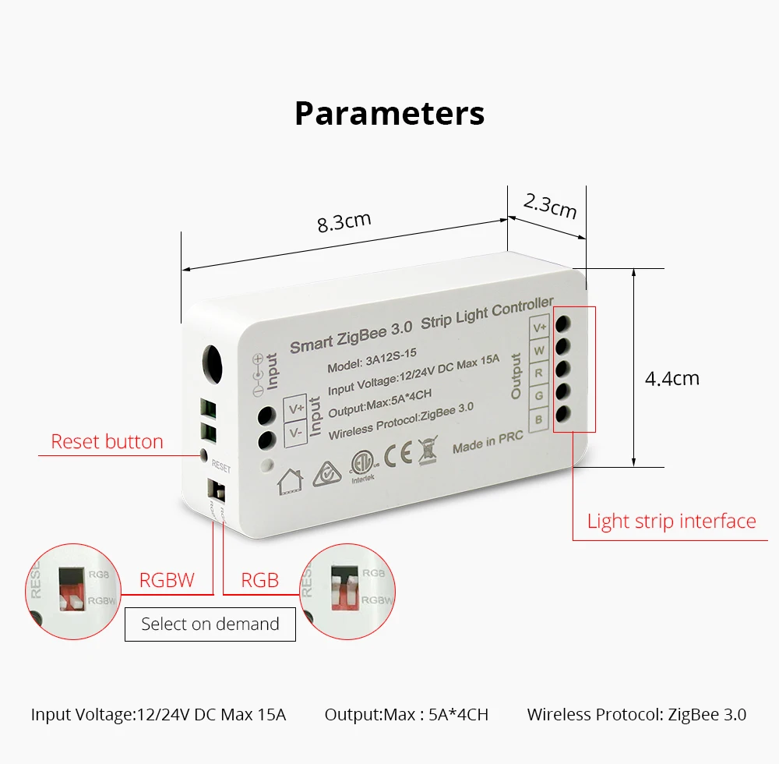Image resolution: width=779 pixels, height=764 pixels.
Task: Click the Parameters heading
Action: point(389,113)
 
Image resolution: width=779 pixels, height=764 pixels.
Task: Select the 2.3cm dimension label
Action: point(550,206)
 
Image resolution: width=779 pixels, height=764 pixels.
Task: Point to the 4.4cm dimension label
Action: point(672,379)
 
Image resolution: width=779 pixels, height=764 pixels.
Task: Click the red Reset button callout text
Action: point(107,442)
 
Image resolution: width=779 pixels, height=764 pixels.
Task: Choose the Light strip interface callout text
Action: point(671,522)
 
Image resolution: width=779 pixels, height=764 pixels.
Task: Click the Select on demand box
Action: point(210,624)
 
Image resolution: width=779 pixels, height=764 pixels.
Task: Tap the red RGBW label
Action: point(167,581)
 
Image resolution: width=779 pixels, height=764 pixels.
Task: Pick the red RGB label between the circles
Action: point(259,581)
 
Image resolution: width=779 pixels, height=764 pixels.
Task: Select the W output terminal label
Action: point(539,351)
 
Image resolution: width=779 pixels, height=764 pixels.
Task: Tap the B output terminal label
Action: point(539,421)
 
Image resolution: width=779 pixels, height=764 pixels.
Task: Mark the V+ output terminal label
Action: point(540,327)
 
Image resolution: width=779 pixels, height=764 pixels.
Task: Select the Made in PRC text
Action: point(488,441)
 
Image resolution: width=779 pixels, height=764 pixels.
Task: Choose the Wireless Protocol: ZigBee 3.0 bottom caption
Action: point(636,714)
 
